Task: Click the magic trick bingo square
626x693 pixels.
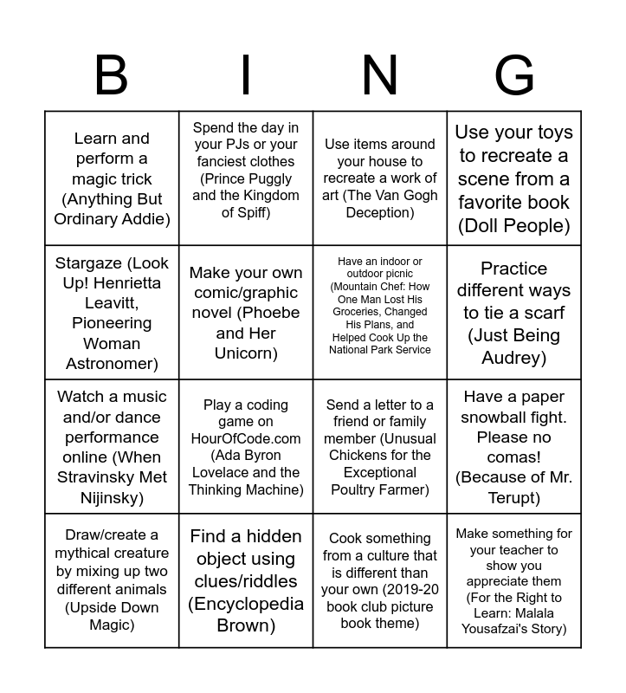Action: point(112,178)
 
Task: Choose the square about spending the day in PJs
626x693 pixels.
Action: point(246,178)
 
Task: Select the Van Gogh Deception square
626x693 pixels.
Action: point(380,178)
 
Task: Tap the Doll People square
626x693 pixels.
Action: point(514,178)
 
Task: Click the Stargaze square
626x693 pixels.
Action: point(112,313)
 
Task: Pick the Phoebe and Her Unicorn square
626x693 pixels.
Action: point(246,313)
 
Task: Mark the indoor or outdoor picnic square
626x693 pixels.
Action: point(380,313)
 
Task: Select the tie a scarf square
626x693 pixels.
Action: point(514,313)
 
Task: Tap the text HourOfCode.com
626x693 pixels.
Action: point(246,438)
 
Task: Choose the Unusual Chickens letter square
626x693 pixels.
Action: point(380,447)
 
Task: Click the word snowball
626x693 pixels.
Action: point(500,417)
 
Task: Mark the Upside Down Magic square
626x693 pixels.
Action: point(112,580)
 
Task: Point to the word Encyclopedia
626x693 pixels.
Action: point(246,604)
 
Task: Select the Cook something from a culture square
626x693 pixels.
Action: point(380,580)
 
